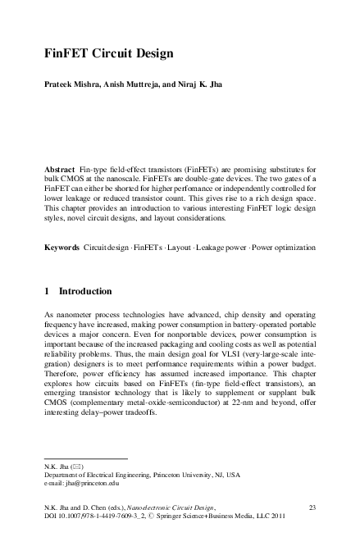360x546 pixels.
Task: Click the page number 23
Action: (312, 509)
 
